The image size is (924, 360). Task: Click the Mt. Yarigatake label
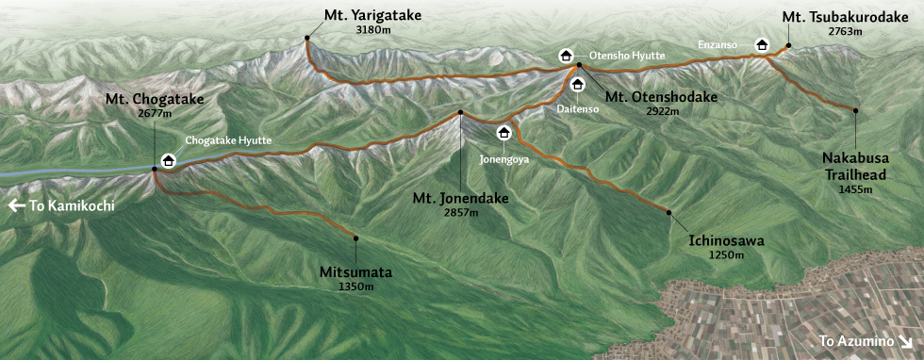(x=372, y=16)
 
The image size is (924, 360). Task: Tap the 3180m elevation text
(x=372, y=30)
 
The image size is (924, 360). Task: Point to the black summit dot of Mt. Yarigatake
(x=307, y=38)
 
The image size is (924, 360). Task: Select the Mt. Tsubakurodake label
(x=846, y=16)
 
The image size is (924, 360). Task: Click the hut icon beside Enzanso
(x=762, y=44)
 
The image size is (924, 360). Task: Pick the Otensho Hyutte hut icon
(x=566, y=56)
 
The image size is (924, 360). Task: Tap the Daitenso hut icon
(x=577, y=85)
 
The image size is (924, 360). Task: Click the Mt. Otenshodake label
(x=662, y=96)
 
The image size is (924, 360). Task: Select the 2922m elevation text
(x=663, y=110)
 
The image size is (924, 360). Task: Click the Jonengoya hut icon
(x=503, y=132)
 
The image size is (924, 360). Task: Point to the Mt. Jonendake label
(x=461, y=199)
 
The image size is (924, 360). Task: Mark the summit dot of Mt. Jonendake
(x=460, y=112)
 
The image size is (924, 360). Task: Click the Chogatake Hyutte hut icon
(x=168, y=160)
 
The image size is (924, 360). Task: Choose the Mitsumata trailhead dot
(x=356, y=237)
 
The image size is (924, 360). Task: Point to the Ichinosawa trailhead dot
(x=668, y=212)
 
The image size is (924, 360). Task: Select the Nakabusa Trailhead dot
(x=855, y=110)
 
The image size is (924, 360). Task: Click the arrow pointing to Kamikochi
(x=17, y=205)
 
